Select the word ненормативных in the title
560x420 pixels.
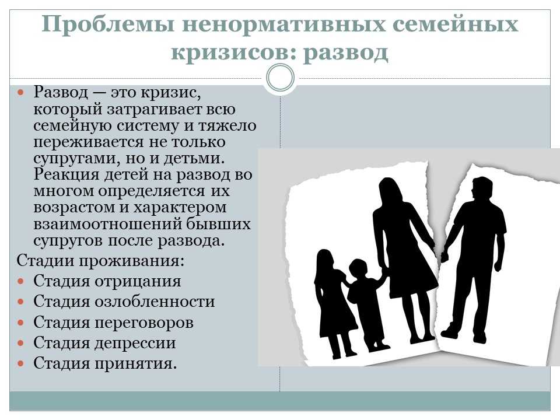tap(283, 24)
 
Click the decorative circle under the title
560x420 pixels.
tap(281, 78)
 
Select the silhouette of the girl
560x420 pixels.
tap(334, 303)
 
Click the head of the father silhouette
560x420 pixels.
tap(482, 189)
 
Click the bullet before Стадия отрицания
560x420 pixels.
tap(21, 281)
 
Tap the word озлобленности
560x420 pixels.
tap(155, 302)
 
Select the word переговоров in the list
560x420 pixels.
tap(144, 323)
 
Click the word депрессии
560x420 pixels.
tap(135, 344)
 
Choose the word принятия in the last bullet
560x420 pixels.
tap(136, 364)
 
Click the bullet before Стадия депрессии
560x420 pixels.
tap(21, 343)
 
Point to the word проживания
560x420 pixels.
tap(132, 261)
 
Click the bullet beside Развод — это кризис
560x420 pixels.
tap(21, 93)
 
